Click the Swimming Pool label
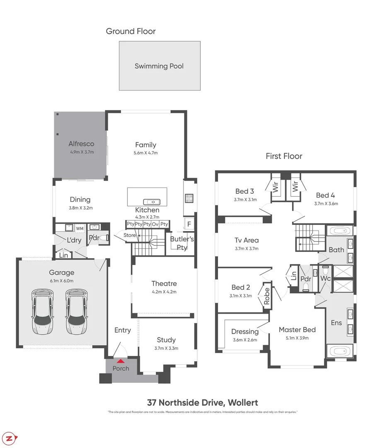[159, 66]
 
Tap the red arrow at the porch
[121, 361]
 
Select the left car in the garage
[42, 312]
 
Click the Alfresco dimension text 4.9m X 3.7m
[82, 152]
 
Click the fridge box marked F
[189, 224]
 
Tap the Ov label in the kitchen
[155, 224]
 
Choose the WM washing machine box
[79, 229]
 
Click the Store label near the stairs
[130, 236]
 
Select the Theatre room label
[164, 284]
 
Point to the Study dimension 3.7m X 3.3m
[166, 348]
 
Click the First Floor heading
[284, 156]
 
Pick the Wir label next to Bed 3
[275, 187]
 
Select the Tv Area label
[247, 240]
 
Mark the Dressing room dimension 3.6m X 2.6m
[245, 340]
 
